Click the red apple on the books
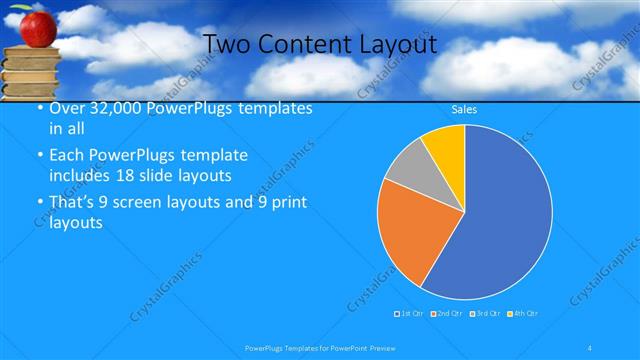37,27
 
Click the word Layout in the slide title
394,44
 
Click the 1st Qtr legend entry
410,314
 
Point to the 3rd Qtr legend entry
487,314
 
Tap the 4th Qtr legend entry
525,314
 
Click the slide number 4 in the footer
591,348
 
